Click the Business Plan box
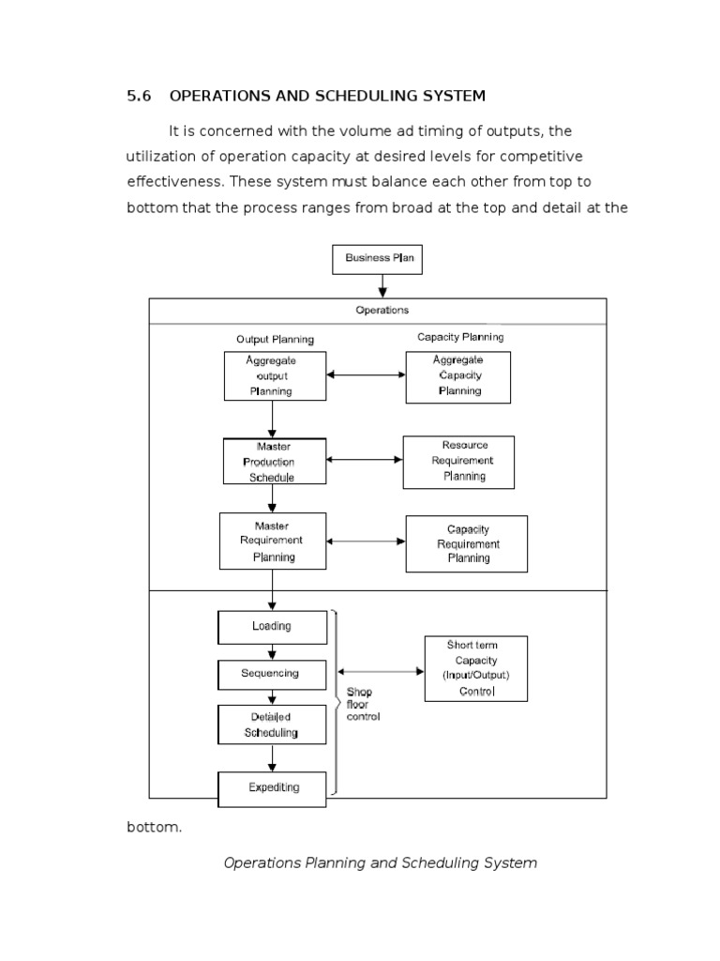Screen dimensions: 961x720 (x=377, y=258)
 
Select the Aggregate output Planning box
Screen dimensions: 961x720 (x=274, y=375)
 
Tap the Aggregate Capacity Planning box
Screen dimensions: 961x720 (x=457, y=376)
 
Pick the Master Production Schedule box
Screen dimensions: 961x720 (x=274, y=461)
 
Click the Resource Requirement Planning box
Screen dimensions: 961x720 (x=458, y=461)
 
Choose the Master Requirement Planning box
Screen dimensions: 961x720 (x=273, y=542)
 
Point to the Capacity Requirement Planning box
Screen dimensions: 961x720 (x=466, y=543)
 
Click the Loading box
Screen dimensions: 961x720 (x=272, y=627)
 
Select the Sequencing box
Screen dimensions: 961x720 (x=272, y=674)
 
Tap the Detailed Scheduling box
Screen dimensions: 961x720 (x=272, y=725)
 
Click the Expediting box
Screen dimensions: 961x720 (x=273, y=787)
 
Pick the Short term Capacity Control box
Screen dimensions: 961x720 (x=475, y=668)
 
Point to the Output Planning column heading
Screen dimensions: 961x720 (x=275, y=339)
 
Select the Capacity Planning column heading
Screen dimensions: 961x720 (x=459, y=337)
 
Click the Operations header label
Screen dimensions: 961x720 (x=382, y=310)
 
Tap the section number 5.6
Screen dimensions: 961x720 (x=138, y=96)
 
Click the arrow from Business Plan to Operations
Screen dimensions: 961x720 (x=382, y=286)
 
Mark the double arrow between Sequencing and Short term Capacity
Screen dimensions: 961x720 (x=381, y=671)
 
